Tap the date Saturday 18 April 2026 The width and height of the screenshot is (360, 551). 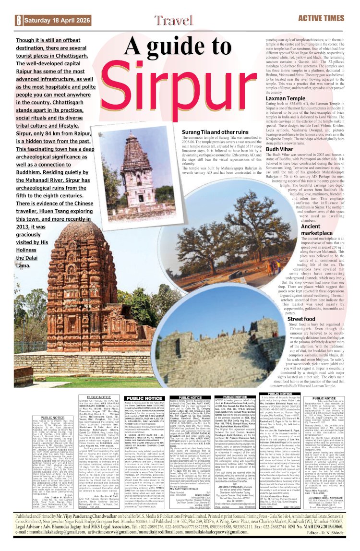click(50, 20)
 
